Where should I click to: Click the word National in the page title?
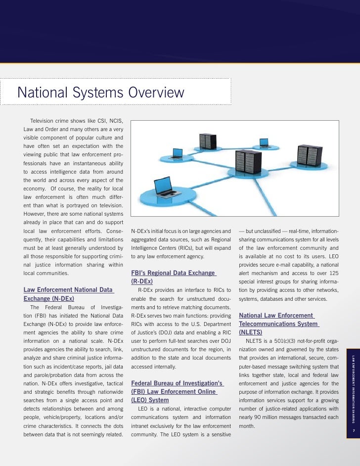click(x=45, y=93)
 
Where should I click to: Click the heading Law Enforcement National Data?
click(x=68, y=289)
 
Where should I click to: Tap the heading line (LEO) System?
click(x=150, y=400)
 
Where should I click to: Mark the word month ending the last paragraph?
click(x=246, y=425)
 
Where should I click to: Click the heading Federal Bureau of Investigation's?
click(x=178, y=383)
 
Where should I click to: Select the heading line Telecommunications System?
click(x=278, y=324)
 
